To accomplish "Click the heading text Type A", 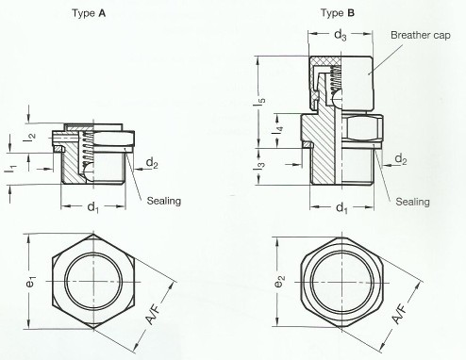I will pyautogui.click(x=92, y=16).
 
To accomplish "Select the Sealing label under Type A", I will pyautogui.click(x=164, y=200).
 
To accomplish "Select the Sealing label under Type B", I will pyautogui.click(x=413, y=202).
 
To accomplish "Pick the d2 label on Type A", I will pyautogui.click(x=151, y=163).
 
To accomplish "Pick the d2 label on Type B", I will pyautogui.click(x=401, y=160).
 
